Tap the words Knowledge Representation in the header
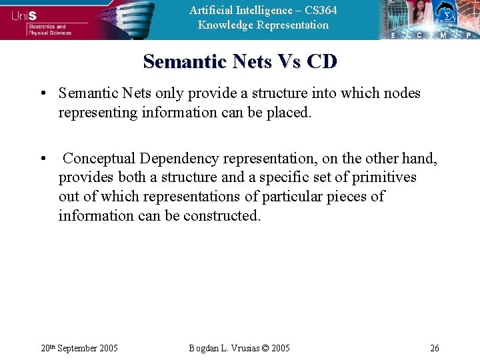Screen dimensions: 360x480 coord(263,25)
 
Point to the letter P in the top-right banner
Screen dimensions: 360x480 coord(469,35)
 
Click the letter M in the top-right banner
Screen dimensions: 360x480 coord(443,35)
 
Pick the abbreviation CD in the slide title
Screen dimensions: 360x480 coord(323,62)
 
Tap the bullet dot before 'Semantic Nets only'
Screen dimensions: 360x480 coord(42,93)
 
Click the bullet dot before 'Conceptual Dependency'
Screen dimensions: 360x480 coord(42,159)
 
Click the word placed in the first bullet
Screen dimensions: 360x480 coord(289,113)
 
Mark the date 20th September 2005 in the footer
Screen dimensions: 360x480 coord(79,348)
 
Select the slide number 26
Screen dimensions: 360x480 coord(435,348)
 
